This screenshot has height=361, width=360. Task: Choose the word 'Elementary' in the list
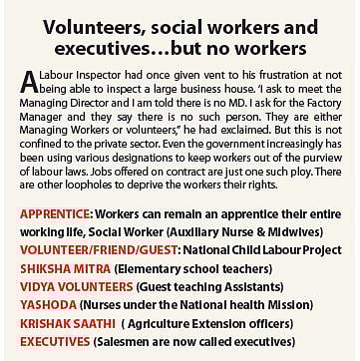pyautogui.click(x=146, y=263)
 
